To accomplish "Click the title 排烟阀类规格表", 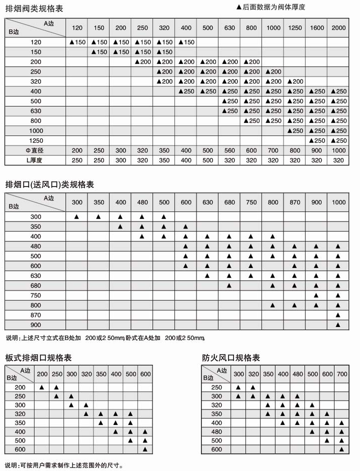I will [x=34, y=8].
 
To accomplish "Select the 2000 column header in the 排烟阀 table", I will [x=338, y=27].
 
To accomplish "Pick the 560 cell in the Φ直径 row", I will [x=229, y=150].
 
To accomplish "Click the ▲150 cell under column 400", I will [x=185, y=42].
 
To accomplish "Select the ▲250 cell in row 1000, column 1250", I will [x=295, y=131].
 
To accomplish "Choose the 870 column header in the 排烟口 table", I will [x=295, y=202].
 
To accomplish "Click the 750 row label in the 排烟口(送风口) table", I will [x=36, y=295].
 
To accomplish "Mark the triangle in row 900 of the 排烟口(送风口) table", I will [x=338, y=325].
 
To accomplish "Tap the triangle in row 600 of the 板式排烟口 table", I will [x=145, y=449].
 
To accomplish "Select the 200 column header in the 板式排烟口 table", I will [x=42, y=374].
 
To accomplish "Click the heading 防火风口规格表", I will [x=231, y=358].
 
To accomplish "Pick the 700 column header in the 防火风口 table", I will [x=341, y=374].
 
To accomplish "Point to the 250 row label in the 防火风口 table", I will [x=216, y=387].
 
